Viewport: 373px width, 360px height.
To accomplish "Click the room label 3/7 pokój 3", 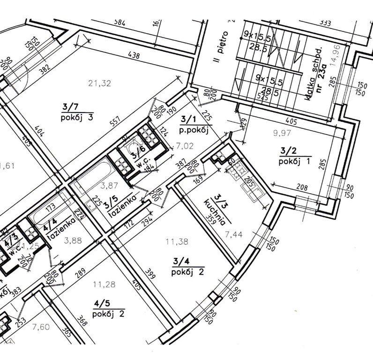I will click(x=76, y=111).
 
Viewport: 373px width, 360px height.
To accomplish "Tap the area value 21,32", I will click(x=100, y=83).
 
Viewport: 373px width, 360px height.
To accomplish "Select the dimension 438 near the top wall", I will click(x=134, y=56).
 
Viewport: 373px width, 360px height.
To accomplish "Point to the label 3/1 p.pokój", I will click(x=194, y=124).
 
